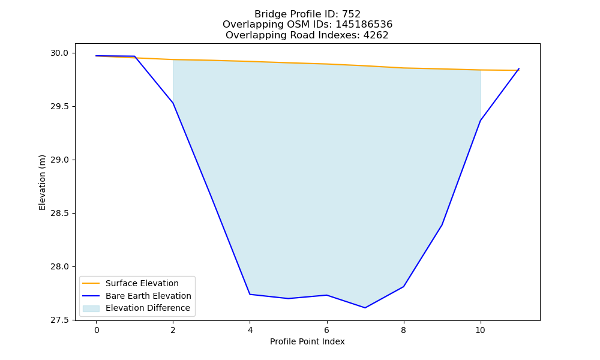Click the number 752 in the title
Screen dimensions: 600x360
click(x=351, y=14)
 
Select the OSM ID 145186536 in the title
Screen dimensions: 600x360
click(x=364, y=25)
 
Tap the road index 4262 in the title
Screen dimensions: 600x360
click(x=376, y=35)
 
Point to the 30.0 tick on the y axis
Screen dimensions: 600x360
click(x=60, y=53)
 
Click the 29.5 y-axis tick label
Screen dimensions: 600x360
click(x=60, y=106)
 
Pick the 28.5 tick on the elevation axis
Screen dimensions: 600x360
click(x=60, y=213)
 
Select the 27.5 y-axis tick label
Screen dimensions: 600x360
click(x=60, y=320)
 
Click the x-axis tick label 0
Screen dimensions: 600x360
click(x=97, y=330)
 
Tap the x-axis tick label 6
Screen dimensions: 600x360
click(x=327, y=330)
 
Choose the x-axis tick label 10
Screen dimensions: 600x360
click(x=480, y=330)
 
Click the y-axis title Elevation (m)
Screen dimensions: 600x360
click(x=42, y=182)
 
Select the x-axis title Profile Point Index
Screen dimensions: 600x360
click(x=307, y=341)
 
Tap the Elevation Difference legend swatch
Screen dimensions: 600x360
click(x=91, y=308)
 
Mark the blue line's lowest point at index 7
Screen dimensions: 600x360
click(x=365, y=308)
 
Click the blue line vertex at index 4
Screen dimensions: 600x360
click(x=250, y=294)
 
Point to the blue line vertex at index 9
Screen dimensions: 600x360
click(x=442, y=225)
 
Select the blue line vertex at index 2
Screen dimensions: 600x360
click(x=173, y=103)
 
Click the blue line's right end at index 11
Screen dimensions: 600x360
click(x=519, y=69)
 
